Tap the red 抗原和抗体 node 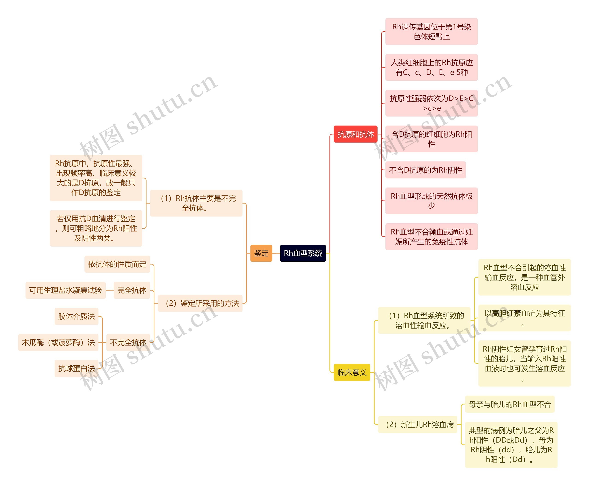355,134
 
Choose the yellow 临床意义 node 352,372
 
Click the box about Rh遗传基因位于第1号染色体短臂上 431,32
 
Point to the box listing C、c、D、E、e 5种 431,68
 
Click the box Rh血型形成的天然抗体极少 431,201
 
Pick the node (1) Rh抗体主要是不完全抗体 196,203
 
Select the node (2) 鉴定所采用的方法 200,303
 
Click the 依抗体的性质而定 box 117,264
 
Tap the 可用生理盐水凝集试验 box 65,290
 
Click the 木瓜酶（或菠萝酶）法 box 58,342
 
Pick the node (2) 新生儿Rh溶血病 417,424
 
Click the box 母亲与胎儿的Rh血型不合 509,404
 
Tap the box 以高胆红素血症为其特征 524,318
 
